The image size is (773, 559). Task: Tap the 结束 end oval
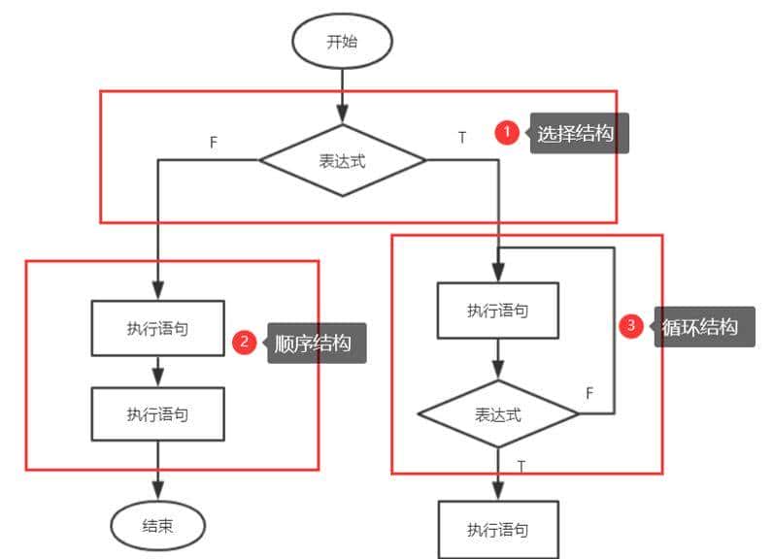[x=158, y=526]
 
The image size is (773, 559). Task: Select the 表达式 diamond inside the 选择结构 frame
[x=343, y=160]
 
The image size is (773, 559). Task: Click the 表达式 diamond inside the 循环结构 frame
[x=497, y=414]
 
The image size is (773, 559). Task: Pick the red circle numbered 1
[x=506, y=133]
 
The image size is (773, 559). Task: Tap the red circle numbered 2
[x=245, y=342]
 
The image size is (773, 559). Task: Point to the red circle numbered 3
[x=631, y=326]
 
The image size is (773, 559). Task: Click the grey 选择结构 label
[x=577, y=134]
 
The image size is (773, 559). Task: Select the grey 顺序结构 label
[x=315, y=344]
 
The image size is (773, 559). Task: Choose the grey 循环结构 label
[x=700, y=327]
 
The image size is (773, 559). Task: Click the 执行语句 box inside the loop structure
[x=497, y=311]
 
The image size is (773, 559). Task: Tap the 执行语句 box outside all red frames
[x=497, y=529]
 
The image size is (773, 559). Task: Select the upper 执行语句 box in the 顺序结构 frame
[x=157, y=328]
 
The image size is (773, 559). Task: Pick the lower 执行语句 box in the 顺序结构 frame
[x=157, y=414]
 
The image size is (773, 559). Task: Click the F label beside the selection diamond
[x=214, y=142]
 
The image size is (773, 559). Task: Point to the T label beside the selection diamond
[x=462, y=138]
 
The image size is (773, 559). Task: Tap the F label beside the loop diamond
[x=589, y=392]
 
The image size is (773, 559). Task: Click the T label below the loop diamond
[x=521, y=467]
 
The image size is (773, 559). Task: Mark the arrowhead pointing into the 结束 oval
[x=158, y=491]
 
